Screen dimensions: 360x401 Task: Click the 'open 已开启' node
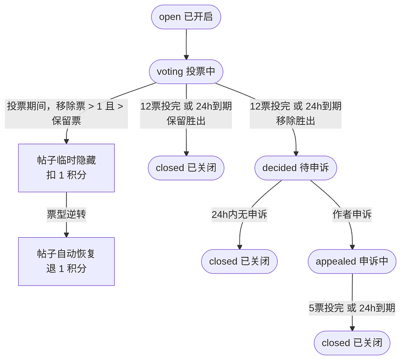[x=186, y=17]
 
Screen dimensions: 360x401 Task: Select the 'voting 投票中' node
[x=186, y=72]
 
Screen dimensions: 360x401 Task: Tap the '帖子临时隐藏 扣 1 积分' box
[x=67, y=168]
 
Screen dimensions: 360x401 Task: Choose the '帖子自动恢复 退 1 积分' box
[x=67, y=261]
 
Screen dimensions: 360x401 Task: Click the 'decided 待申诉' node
[x=296, y=168]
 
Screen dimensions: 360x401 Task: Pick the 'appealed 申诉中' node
[x=352, y=261]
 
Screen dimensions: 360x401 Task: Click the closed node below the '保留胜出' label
[x=186, y=168]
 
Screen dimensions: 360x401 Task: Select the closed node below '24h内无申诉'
[x=239, y=261]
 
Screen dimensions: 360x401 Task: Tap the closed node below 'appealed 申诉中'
[x=352, y=343]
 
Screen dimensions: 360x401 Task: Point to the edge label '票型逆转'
[x=67, y=215]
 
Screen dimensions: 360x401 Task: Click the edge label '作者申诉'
[x=352, y=215]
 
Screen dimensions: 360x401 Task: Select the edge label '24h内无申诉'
[x=239, y=215]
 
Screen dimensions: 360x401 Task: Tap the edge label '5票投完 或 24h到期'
[x=352, y=308]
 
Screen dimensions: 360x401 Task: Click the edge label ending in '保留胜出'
[x=186, y=113]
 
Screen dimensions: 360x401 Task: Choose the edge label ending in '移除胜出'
[x=296, y=113]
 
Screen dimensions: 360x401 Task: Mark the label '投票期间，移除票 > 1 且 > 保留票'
[x=67, y=113]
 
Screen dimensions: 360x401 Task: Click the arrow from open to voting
[x=186, y=44]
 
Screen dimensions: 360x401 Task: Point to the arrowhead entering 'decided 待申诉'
[x=296, y=153]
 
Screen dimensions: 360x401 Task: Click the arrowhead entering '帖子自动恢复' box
[x=67, y=234]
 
